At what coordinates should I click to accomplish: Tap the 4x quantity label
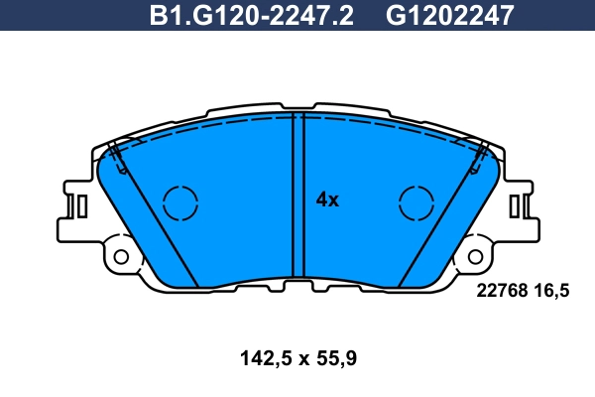(x=327, y=199)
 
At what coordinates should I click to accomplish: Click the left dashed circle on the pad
(x=180, y=202)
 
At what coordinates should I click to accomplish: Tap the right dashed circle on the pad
(x=416, y=202)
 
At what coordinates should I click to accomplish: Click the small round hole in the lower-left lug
(x=122, y=257)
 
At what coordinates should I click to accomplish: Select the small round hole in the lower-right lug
(x=475, y=257)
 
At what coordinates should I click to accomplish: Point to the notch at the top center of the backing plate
(x=297, y=106)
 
